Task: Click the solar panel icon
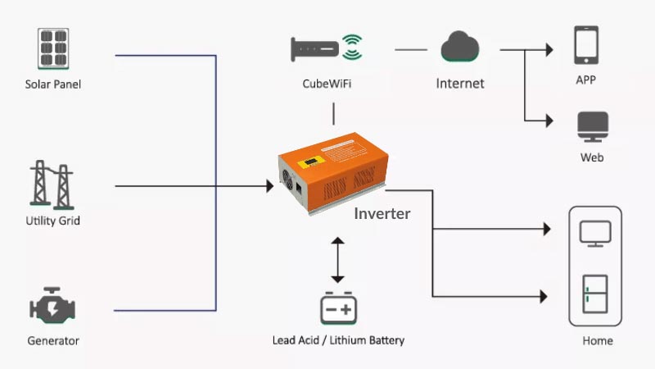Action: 53,48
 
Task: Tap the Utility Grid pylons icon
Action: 52,184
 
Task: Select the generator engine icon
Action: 52,306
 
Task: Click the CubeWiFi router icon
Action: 314,49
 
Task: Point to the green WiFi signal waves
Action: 352,47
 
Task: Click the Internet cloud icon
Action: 460,46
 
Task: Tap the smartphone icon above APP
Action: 586,45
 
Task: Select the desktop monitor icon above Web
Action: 593,127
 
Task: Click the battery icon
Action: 338,308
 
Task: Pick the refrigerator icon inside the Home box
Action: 595,294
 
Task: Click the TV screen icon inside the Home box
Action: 595,234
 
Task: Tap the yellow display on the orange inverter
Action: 311,162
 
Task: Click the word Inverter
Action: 382,214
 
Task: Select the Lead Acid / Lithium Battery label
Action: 338,340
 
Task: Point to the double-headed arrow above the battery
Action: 337,260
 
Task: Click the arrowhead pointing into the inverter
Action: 270,186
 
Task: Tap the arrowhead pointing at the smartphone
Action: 549,50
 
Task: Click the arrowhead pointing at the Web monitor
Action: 549,121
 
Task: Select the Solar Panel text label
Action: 53,84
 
